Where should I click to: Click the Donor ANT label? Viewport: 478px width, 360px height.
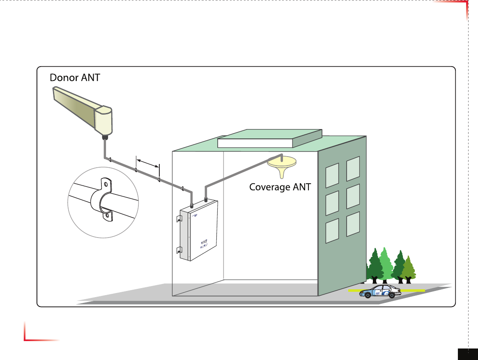click(74, 77)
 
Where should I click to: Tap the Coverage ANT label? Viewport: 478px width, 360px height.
click(280, 187)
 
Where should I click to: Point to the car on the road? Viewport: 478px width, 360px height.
click(380, 291)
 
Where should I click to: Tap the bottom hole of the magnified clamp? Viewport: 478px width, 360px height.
click(107, 215)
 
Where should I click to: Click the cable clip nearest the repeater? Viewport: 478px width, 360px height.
click(182, 189)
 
